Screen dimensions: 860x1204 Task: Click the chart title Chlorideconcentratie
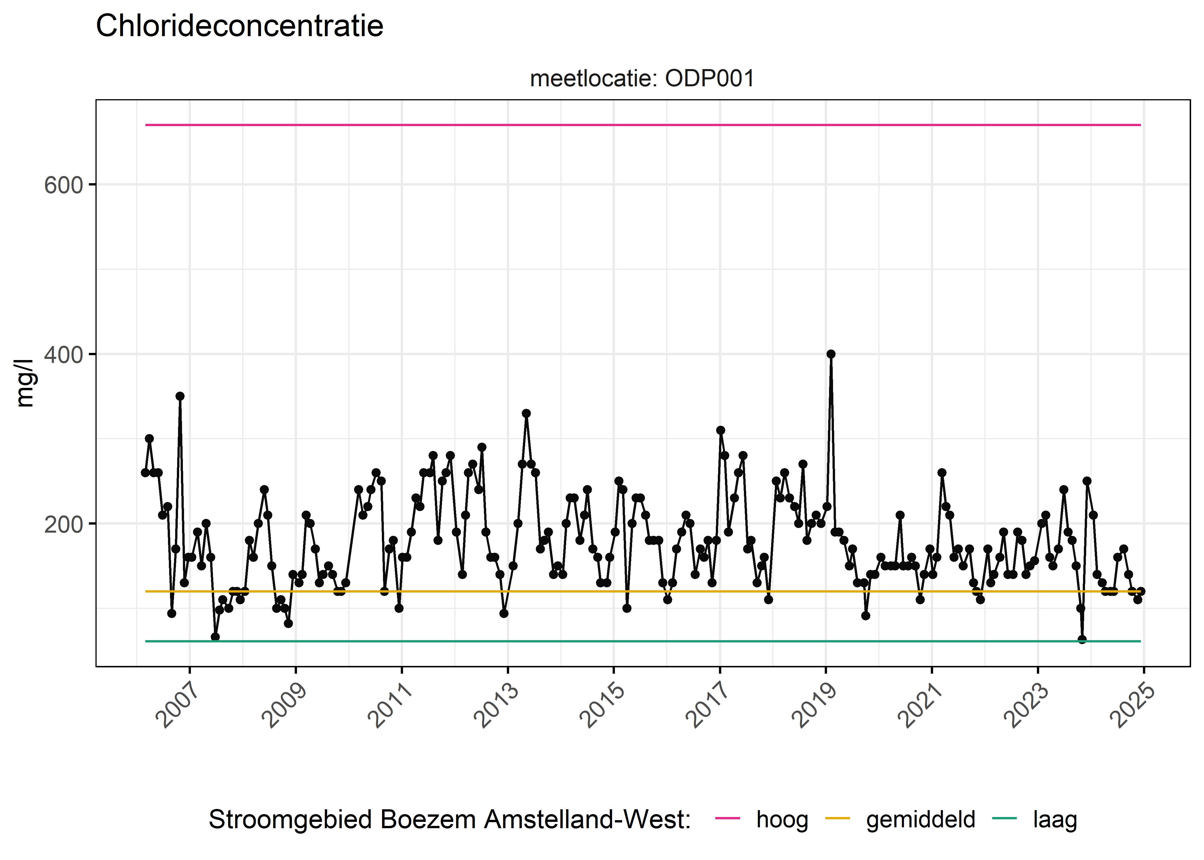(x=239, y=26)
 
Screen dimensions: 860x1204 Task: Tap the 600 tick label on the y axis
(x=64, y=185)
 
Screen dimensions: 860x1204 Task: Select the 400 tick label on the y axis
(x=64, y=355)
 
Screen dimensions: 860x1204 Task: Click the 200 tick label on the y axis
(x=64, y=524)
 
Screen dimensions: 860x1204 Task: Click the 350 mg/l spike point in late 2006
(x=180, y=396)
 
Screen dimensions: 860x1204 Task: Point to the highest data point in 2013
(x=526, y=413)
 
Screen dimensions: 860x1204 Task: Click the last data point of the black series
(x=1141, y=591)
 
